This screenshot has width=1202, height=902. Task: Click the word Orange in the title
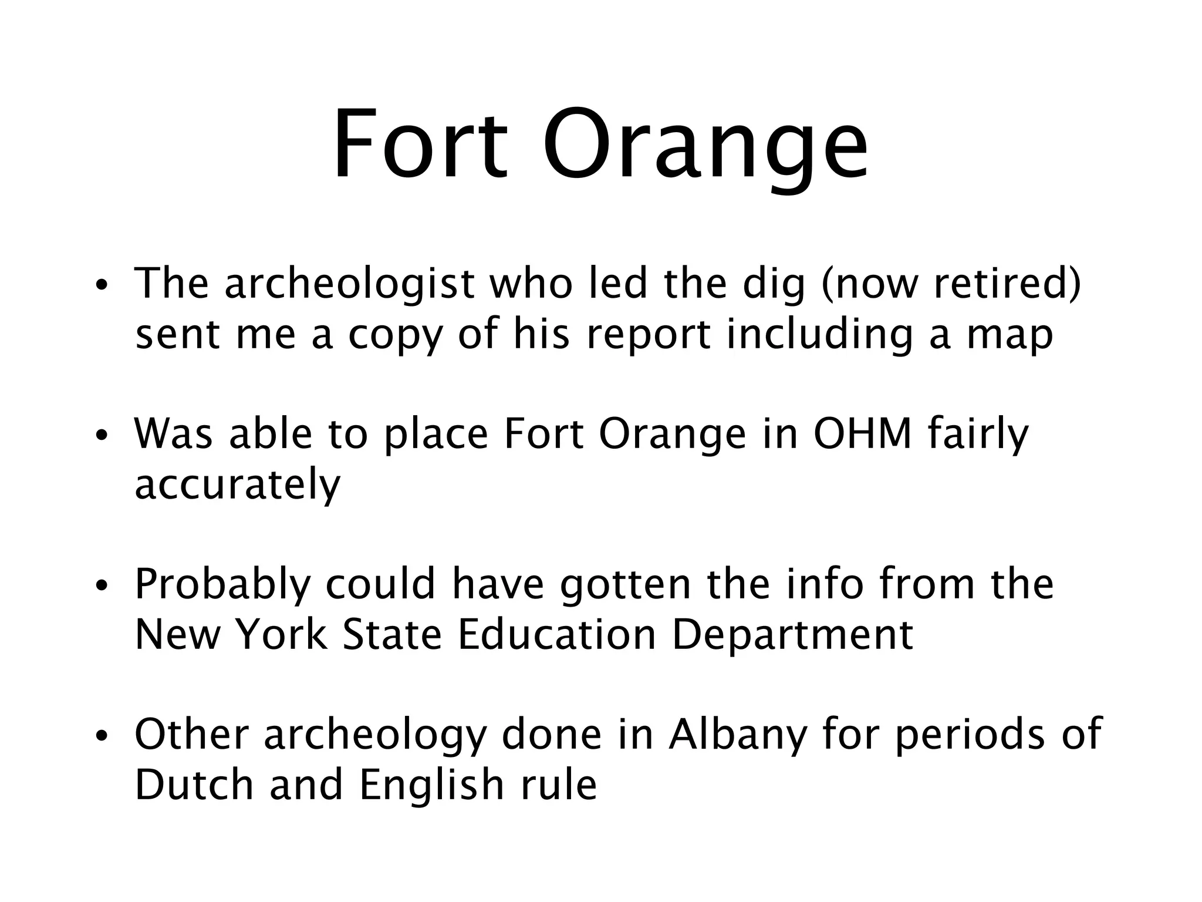[x=704, y=147]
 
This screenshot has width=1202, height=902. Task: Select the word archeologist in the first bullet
[x=350, y=284]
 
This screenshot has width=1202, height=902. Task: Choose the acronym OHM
[x=862, y=435]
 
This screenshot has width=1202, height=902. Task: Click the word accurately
[x=237, y=485]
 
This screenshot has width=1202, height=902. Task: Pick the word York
[x=281, y=635]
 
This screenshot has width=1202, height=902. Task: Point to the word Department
[x=792, y=635]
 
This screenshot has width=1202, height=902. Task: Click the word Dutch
[x=194, y=786]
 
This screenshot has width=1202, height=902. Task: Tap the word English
[x=431, y=786]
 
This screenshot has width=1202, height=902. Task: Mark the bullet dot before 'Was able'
[x=102, y=436]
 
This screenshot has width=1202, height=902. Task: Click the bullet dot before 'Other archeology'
[x=102, y=736]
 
